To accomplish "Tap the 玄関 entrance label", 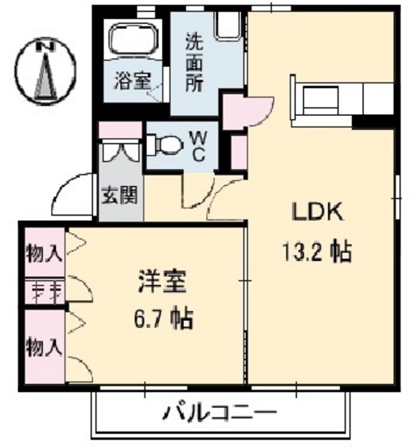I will click(x=119, y=194).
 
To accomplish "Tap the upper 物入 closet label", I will click(x=42, y=254).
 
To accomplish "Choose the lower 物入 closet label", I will click(x=42, y=348).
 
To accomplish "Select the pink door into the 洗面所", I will click(x=235, y=112).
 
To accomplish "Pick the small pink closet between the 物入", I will click(x=42, y=291).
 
